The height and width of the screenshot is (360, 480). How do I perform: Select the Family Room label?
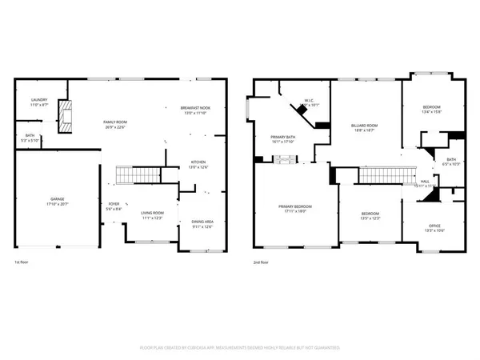click(x=117, y=122)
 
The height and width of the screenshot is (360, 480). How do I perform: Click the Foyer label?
click(x=114, y=205)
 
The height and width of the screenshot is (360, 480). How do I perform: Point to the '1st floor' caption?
click(x=22, y=262)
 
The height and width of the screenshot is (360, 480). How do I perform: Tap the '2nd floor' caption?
click(x=262, y=262)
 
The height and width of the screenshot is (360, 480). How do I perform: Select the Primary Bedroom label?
click(x=295, y=206)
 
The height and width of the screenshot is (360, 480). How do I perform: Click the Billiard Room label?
click(x=365, y=126)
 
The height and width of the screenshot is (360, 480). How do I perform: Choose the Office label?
click(x=432, y=226)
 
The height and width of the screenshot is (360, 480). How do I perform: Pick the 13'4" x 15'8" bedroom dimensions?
click(x=431, y=112)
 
